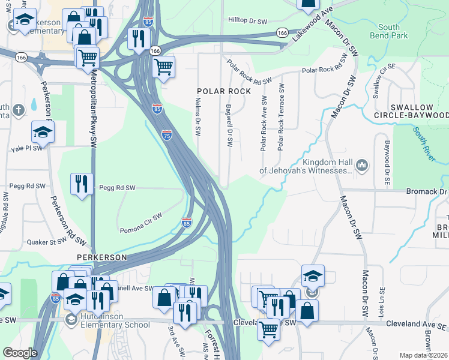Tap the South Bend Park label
point(393,31)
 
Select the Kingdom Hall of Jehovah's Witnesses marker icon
point(362,164)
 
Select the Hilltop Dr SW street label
point(247,20)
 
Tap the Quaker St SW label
point(46,242)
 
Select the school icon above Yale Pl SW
point(43,132)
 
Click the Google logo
point(20,352)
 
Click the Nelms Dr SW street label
point(198,118)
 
